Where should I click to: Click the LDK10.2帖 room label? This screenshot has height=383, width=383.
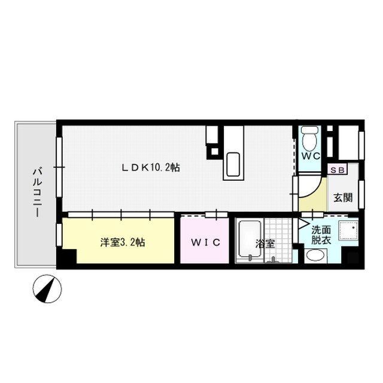coord(151,168)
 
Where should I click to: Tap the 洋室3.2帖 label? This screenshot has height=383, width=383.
coord(122,242)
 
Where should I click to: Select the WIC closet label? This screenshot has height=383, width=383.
coord(206,242)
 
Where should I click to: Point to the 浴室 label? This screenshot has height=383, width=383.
coord(265,244)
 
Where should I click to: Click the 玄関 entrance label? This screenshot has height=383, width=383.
coord(342,197)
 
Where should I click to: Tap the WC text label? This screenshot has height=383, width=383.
coord(310,156)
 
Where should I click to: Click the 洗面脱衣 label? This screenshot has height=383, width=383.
coord(320,234)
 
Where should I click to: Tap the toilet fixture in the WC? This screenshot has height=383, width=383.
coord(309,139)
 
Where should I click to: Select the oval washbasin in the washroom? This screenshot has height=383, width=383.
coord(315,256)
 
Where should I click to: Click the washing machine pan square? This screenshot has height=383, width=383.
coord(348,234)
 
